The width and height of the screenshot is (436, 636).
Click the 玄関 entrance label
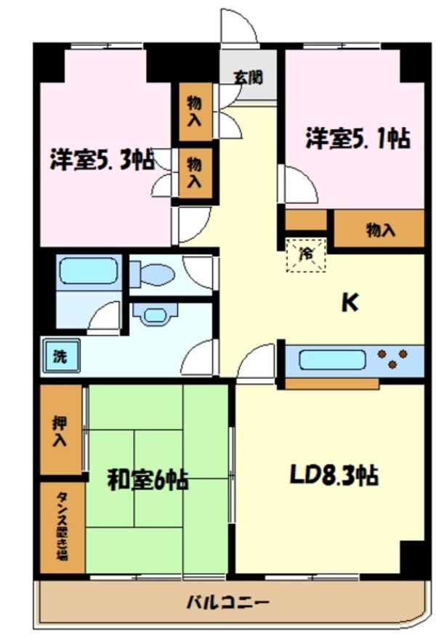pyautogui.click(x=248, y=77)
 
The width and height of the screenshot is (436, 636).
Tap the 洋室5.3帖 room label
pyautogui.click(x=102, y=159)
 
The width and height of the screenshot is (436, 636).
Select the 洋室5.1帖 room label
pyautogui.click(x=356, y=138)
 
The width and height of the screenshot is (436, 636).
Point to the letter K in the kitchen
pyautogui.click(x=350, y=303)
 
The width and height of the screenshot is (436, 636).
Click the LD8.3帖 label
pyautogui.click(x=334, y=476)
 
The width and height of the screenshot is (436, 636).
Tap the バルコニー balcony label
pyautogui.click(x=228, y=603)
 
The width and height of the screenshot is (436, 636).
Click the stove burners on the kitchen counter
pyautogui.click(x=393, y=359)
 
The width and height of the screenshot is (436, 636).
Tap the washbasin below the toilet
pyautogui.click(x=154, y=314)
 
